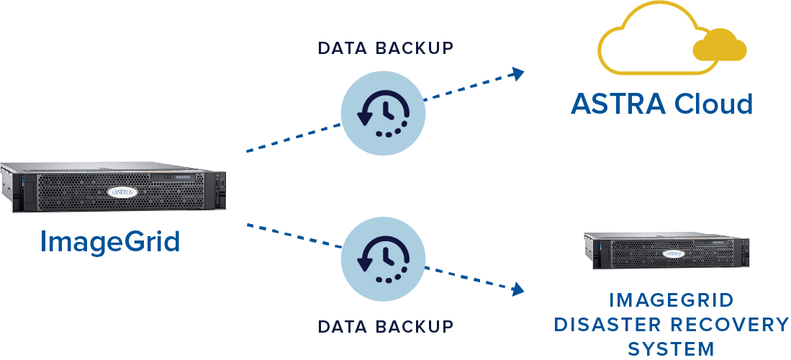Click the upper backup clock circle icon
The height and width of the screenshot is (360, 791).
click(x=382, y=110)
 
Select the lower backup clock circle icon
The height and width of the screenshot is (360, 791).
click(x=382, y=258)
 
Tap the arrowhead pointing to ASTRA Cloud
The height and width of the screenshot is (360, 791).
click(x=516, y=72)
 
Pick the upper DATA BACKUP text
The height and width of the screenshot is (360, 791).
click(x=386, y=48)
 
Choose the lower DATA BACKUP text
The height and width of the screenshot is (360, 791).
click(x=386, y=326)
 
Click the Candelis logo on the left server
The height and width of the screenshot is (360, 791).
click(x=127, y=192)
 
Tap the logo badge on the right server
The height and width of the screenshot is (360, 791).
click(x=673, y=254)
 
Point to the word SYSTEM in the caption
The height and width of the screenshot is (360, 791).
click(x=671, y=349)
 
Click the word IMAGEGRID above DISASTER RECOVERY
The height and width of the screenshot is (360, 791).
click(x=671, y=300)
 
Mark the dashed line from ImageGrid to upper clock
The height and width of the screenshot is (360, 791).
click(x=291, y=138)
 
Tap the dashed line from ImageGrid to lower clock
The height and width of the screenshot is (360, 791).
click(x=291, y=235)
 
